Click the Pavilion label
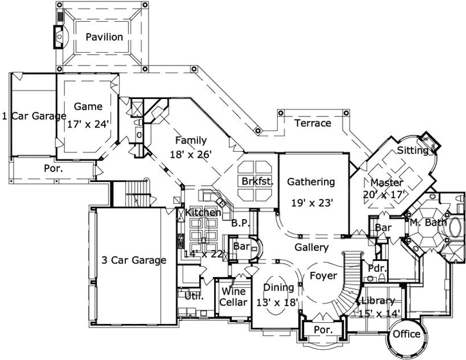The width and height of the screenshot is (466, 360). pos(103,37)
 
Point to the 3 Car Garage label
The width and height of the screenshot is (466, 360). pos(134,260)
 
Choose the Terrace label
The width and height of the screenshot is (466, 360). pos(312,123)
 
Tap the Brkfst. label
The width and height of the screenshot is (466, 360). pos(258,182)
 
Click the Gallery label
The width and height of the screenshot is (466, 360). pos(312,247)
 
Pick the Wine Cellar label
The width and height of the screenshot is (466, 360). pos(232,296)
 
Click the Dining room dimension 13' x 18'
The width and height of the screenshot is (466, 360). pos(278,300)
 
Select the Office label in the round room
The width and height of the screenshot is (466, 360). pos(406,334)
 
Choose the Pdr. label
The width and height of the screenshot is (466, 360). pos(375,267)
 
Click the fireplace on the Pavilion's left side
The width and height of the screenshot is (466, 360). pos(59,37)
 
